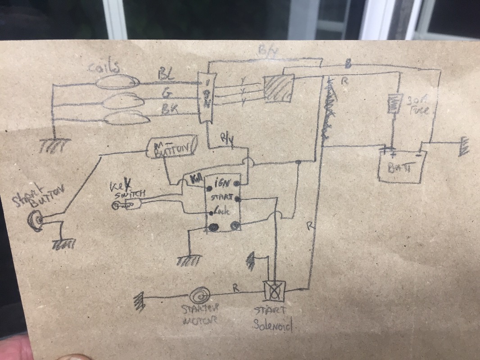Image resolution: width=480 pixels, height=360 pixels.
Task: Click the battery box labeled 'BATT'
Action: [x=400, y=167]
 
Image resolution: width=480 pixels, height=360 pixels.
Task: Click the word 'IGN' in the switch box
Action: [x=223, y=183]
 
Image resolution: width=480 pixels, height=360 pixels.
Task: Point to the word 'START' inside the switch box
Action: [x=220, y=197]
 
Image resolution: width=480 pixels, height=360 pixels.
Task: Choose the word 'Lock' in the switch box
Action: [x=221, y=210]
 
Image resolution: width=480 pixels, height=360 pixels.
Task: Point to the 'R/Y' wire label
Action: [x=226, y=139]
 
